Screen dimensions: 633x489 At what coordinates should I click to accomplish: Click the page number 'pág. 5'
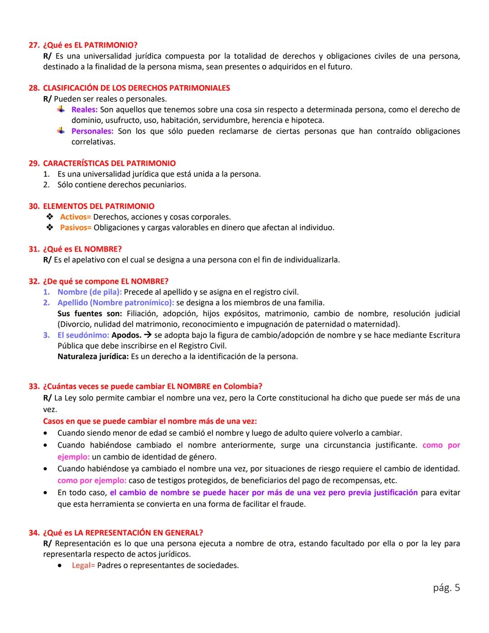point(446,588)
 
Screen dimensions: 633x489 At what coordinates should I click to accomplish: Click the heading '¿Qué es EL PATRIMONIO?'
point(90,45)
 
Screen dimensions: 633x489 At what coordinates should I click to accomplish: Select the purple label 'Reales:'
point(84,110)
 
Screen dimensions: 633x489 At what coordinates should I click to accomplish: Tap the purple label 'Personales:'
point(92,131)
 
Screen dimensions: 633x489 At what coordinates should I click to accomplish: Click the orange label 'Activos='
point(75,217)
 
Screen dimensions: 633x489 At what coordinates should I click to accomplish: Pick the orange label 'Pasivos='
point(76,227)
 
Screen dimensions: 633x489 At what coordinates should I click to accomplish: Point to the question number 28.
point(34,88)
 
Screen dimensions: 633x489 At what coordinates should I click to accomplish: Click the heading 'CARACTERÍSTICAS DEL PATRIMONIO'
point(109,164)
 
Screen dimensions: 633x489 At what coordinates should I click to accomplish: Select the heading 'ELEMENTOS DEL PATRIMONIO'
point(99,206)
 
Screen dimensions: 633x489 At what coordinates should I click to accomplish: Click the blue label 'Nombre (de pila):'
point(89,292)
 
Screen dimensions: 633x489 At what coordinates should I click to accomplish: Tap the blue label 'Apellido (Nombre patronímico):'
point(115,303)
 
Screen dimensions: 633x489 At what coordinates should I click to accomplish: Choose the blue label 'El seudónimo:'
point(83,335)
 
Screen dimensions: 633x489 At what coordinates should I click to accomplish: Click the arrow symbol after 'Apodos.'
point(147,335)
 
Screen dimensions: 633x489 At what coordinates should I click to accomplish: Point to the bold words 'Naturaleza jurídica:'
point(93,357)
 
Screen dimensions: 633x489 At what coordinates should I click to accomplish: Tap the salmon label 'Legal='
point(83,565)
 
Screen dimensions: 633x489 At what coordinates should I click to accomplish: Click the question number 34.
point(34,533)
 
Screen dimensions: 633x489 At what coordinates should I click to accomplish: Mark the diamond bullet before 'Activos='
point(50,217)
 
